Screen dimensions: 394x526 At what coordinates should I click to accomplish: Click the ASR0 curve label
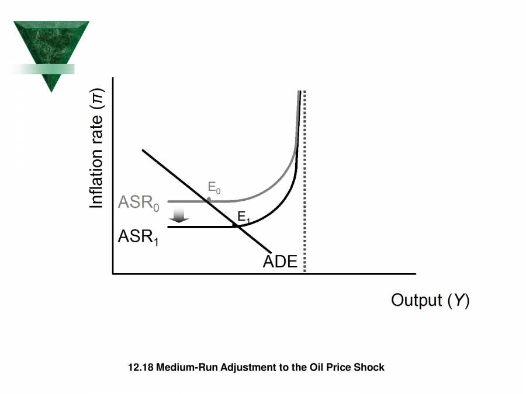[138, 203]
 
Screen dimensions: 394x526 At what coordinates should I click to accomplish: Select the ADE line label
[280, 262]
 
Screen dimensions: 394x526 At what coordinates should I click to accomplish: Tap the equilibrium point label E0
[214, 188]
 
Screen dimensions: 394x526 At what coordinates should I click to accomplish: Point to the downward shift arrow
[179, 215]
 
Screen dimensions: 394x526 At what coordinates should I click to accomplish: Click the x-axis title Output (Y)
[430, 300]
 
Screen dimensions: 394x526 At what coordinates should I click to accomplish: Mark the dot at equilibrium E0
[209, 200]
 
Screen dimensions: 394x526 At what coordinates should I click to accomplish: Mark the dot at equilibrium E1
[235, 225]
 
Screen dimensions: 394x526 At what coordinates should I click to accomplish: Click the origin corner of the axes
[113, 273]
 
